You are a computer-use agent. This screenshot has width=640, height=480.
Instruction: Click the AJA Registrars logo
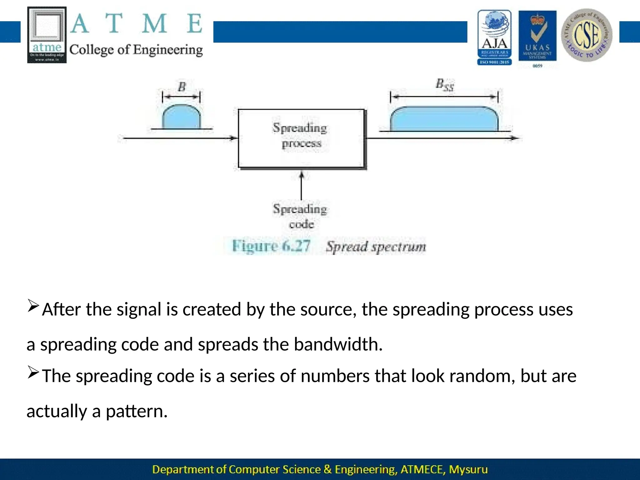(494, 37)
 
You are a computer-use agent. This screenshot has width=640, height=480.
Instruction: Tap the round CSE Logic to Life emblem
(587, 35)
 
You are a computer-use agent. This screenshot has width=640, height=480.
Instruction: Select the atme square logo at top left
(47, 35)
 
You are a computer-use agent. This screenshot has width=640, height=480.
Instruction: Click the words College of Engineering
(136, 50)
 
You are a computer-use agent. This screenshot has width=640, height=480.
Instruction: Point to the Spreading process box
(301, 138)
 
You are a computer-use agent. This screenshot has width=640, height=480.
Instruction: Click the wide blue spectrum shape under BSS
(444, 119)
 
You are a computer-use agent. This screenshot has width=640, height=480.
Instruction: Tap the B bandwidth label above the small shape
(182, 87)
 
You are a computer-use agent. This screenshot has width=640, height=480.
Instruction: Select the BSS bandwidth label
(444, 85)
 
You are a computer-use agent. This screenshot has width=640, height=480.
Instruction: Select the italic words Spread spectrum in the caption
(376, 247)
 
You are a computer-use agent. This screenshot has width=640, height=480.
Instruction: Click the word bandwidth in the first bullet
(338, 344)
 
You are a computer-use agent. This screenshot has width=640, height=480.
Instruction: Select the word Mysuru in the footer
(468, 469)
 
